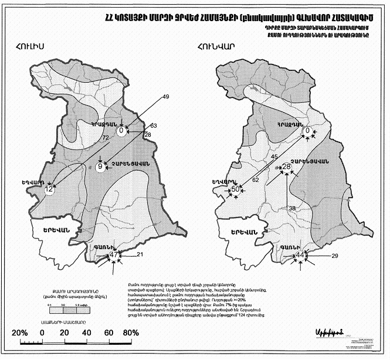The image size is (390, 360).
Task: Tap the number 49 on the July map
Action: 165,96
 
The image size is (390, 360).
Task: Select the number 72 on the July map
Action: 106,137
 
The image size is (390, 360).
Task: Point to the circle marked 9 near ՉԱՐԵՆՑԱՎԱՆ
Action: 100,167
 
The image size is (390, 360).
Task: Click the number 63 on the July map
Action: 154,125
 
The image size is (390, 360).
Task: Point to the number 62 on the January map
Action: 256,181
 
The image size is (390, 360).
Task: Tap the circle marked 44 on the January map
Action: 300,256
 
